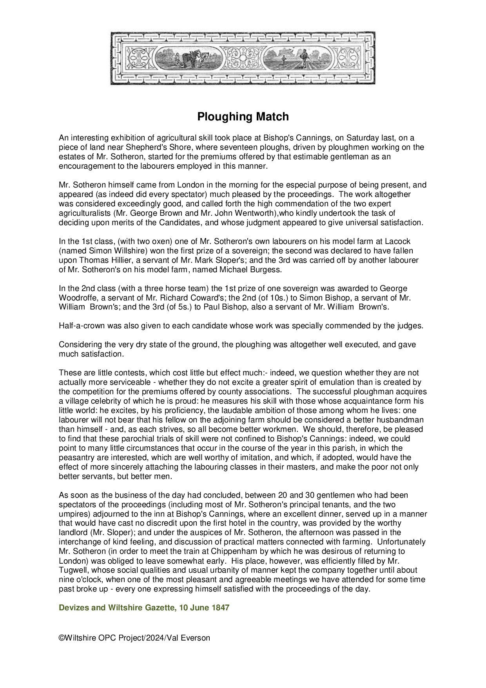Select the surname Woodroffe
click(x=77, y=298)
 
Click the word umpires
click(x=72, y=514)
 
